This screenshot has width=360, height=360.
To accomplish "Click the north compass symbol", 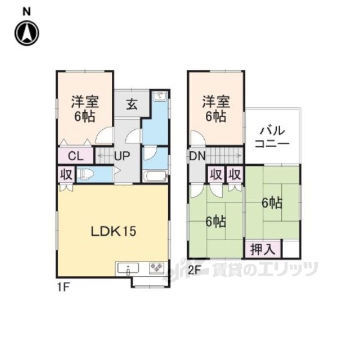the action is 27,33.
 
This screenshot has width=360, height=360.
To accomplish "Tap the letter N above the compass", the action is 26,12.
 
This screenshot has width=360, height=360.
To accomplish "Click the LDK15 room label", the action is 114,231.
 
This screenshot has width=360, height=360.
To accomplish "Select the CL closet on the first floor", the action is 75,156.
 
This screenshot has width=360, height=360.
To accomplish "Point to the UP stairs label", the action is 122,156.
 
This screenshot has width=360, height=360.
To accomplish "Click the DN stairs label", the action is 197,156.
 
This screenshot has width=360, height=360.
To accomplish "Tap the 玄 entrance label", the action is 132,105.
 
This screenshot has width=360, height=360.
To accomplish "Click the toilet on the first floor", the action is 84,174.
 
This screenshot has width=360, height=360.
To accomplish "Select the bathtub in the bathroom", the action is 155,176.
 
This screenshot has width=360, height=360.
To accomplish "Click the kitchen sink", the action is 128,268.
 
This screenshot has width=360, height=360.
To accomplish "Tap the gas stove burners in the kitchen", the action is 156,268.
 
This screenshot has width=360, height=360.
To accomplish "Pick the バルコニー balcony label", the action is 272,137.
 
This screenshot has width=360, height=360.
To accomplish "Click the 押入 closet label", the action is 263,249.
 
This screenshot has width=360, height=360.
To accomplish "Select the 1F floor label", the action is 63,287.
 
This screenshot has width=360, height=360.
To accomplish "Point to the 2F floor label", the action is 195,270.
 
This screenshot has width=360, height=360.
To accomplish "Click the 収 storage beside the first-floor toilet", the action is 66,174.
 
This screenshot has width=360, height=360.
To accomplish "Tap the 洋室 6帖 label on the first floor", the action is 85,109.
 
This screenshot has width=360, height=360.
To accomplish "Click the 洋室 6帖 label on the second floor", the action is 216,109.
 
